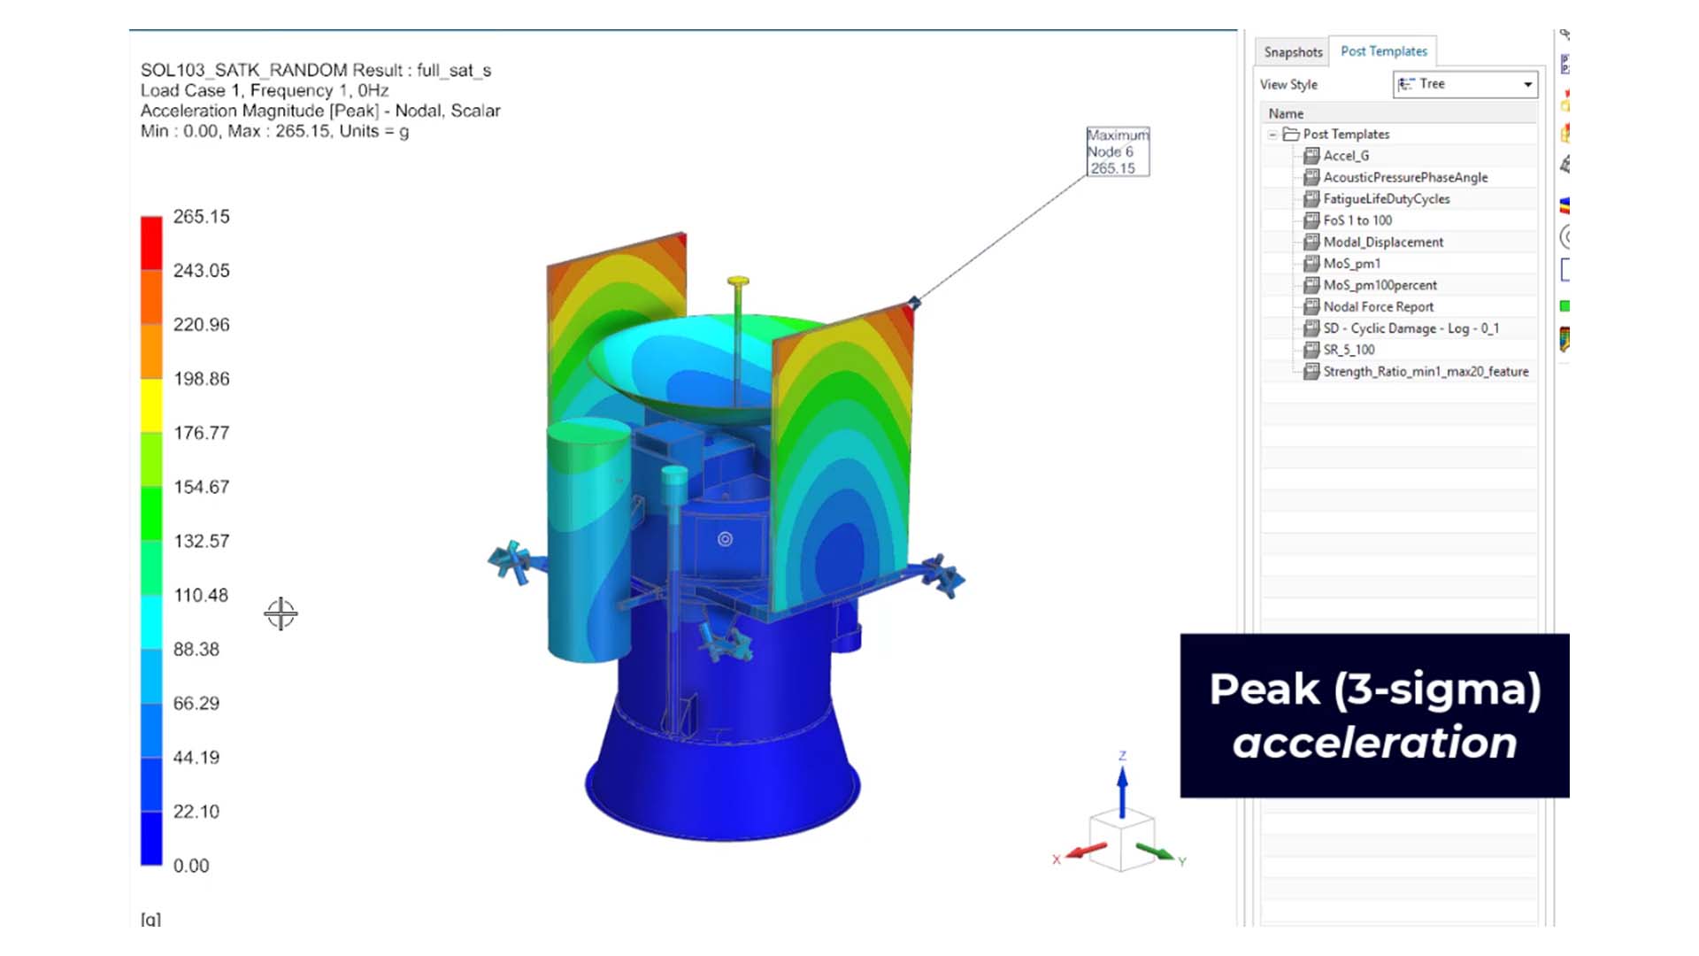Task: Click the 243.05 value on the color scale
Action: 201,271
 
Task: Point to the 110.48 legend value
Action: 201,596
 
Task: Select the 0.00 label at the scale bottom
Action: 191,866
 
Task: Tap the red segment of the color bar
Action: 151,242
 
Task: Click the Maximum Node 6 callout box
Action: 1118,151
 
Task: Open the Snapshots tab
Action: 1293,52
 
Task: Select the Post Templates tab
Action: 1383,51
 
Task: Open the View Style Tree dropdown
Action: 1465,84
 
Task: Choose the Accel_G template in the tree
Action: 1346,156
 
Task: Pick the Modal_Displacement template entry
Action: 1382,243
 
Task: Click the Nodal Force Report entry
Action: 1378,307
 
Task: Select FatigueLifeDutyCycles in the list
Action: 1386,199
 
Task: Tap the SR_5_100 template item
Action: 1349,351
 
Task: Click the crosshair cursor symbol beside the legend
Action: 281,613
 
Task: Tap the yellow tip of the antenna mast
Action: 738,282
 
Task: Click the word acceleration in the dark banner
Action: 1374,742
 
